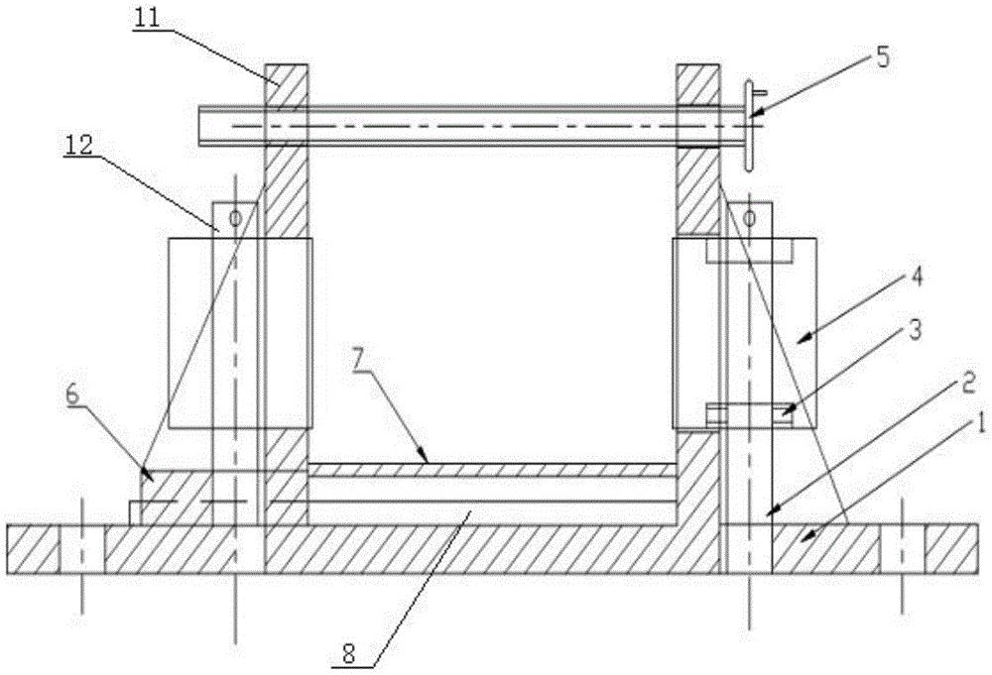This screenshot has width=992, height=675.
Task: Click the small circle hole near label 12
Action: (x=235, y=217)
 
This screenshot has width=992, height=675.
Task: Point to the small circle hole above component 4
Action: (x=750, y=216)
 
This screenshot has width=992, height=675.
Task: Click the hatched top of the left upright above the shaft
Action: (x=287, y=82)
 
